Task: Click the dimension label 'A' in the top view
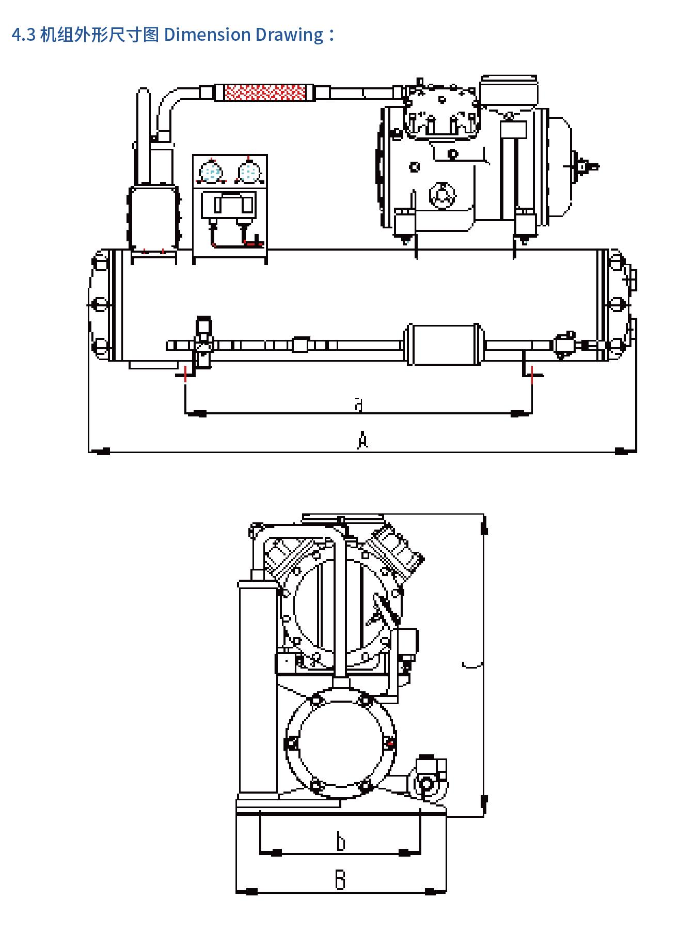[362, 440]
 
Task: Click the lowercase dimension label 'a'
[359, 404]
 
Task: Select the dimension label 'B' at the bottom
[340, 879]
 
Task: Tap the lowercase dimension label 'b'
[340, 841]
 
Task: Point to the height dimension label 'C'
[472, 663]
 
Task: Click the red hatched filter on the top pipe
[265, 92]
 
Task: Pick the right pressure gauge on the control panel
[248, 172]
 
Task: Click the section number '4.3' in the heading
[23, 35]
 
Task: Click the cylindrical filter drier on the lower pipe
[443, 344]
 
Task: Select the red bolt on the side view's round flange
[390, 743]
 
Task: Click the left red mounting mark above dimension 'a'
[185, 376]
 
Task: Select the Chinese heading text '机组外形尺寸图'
[99, 35]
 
